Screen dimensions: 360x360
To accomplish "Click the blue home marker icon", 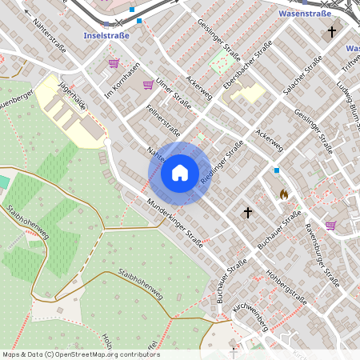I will pos(180,173).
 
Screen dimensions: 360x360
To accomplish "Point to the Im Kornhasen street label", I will pos(122,77).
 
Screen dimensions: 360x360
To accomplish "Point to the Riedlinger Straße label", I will pos(222,163).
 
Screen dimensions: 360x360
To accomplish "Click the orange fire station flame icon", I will pos(283,194).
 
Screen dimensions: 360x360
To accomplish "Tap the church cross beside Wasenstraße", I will pos(332,32).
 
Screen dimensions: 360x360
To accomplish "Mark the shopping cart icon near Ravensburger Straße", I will pos(330,226).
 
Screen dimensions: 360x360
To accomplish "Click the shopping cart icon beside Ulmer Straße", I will pos(148,84).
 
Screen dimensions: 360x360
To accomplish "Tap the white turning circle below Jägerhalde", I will pos(107,142).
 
